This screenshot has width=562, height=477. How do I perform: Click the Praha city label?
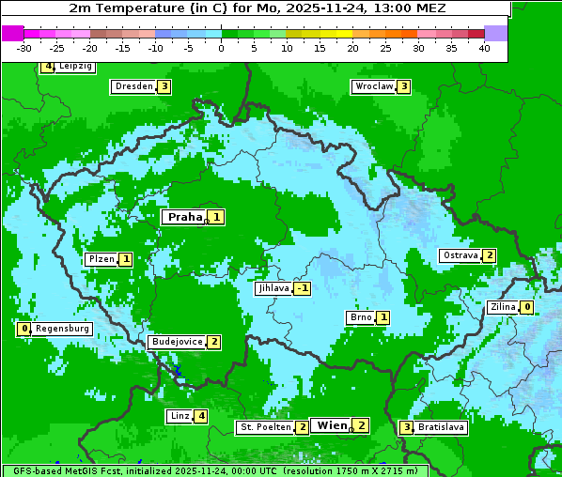(184, 217)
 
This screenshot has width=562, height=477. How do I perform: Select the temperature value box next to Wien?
(361, 425)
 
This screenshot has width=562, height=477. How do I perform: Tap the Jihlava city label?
(273, 288)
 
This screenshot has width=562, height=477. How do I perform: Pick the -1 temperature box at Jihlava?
(303, 288)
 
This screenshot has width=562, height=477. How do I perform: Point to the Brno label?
(361, 317)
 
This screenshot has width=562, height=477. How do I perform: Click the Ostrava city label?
(461, 255)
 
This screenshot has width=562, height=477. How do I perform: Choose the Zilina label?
(503, 307)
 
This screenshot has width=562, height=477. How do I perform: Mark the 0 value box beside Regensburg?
(24, 329)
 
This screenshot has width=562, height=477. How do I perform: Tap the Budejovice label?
(177, 342)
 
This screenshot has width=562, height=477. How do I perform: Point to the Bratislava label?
(442, 427)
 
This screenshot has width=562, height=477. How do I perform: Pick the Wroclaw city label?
(373, 86)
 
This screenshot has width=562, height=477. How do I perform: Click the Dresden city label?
(133, 86)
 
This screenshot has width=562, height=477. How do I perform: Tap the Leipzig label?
(74, 67)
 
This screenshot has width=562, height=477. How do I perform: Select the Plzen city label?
(101, 258)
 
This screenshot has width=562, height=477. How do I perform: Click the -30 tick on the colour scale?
(24, 48)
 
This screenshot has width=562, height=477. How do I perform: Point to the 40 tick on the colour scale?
(484, 48)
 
